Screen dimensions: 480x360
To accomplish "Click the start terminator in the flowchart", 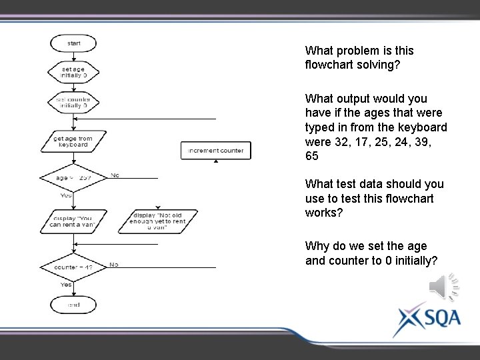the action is click(x=73, y=43).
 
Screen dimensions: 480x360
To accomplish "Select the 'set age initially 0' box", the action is click(x=73, y=72).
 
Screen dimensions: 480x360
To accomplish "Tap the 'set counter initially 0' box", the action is click(x=73, y=102).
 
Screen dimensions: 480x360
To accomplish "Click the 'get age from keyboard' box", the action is click(x=73, y=141).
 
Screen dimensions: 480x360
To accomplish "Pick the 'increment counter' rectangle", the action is click(x=216, y=151).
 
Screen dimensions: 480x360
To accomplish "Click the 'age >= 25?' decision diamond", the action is click(x=73, y=178).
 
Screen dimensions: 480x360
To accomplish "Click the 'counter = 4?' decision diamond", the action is click(x=73, y=267).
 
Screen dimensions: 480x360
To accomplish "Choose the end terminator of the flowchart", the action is click(x=73, y=305).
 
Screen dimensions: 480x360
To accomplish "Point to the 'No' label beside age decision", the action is click(x=115, y=175).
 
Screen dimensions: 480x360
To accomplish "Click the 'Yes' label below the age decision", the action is click(x=66, y=195).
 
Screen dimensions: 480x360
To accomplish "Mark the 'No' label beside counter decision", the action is click(x=114, y=265).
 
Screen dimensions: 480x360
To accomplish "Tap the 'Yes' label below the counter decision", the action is click(x=66, y=285).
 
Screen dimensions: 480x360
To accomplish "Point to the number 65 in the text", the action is click(x=312, y=156).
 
